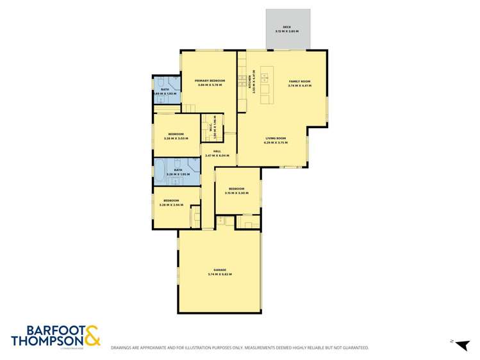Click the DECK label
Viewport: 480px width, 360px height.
coord(287,27)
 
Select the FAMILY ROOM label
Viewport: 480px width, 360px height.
coord(299,81)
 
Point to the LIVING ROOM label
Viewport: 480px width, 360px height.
coord(276,138)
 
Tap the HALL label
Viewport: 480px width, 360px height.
coord(208,151)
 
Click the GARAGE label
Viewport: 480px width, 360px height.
coord(220,269)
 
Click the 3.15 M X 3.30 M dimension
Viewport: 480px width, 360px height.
coord(237,193)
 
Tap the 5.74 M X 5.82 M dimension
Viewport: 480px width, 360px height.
coord(220,274)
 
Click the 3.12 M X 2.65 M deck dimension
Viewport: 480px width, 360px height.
coord(287,31)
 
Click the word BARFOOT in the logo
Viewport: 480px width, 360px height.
coord(46,330)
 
